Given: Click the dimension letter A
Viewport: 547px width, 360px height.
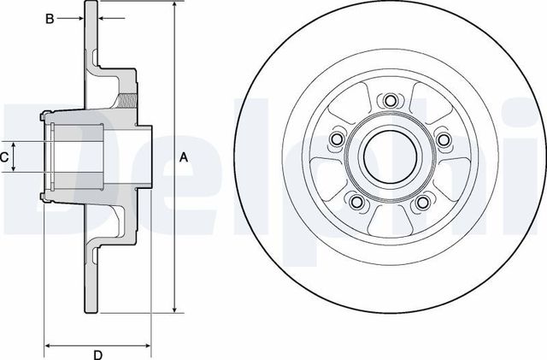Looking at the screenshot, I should point(182,156).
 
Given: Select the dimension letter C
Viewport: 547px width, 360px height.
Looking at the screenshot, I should point(5,156).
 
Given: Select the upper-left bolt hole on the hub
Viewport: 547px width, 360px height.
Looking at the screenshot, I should point(337,139).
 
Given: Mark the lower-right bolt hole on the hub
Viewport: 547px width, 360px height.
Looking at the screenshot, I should point(422,202).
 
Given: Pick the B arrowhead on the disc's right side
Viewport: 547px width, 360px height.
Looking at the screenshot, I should point(103,17).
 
